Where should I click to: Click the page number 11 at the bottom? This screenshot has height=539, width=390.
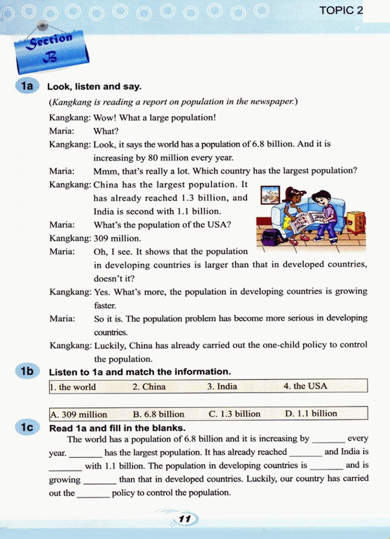pyautogui.click(x=185, y=519)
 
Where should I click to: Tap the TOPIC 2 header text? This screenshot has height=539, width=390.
pyautogui.click(x=341, y=10)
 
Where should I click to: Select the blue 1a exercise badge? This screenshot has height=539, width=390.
pyautogui.click(x=27, y=86)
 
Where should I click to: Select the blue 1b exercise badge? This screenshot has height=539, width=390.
pyautogui.click(x=27, y=371)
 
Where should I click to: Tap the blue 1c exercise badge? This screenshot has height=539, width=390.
pyautogui.click(x=27, y=427)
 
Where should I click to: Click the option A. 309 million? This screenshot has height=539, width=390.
pyautogui.click(x=79, y=414)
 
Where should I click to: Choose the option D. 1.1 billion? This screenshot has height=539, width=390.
pyautogui.click(x=311, y=413)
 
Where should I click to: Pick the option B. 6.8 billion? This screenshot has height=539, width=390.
pyautogui.click(x=158, y=414)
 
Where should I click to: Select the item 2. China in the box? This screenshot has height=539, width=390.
pyautogui.click(x=149, y=387)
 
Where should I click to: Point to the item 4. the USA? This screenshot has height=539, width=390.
pyautogui.click(x=305, y=386)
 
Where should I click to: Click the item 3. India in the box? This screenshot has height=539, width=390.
pyautogui.click(x=222, y=386)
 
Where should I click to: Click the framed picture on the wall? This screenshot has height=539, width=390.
pyautogui.click(x=270, y=195)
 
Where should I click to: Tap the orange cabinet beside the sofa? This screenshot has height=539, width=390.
pyautogui.click(x=355, y=222)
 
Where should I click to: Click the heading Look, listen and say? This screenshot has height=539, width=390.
pyautogui.click(x=94, y=86)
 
